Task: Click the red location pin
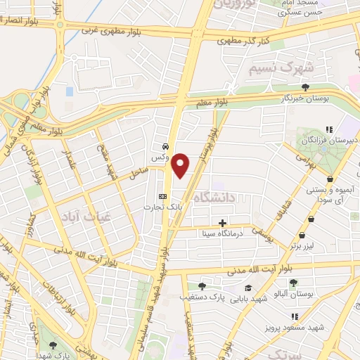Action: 181,165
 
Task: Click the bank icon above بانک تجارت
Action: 163,196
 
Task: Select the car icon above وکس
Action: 164,147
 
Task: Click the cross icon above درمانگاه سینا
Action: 223,223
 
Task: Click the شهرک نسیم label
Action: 281,69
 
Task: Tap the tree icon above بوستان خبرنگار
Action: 306,86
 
